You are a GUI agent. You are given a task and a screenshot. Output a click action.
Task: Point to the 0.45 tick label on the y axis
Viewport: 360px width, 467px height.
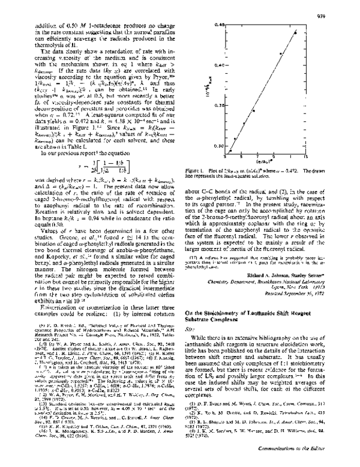219,24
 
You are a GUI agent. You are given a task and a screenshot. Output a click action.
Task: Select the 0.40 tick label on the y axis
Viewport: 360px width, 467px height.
219,64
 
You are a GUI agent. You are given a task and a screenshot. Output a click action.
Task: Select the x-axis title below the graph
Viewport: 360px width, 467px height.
265,161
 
